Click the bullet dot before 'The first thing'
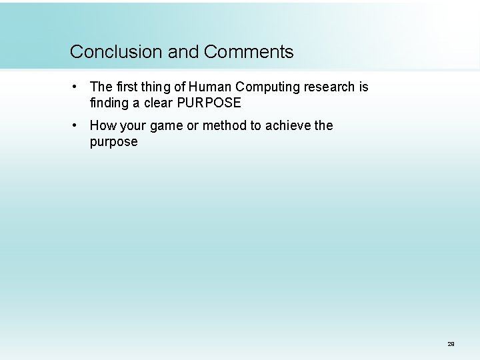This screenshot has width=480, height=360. (x=78, y=87)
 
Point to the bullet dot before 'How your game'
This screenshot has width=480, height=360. (x=78, y=125)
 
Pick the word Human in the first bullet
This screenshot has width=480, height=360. (x=207, y=87)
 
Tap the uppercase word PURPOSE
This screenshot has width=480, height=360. (x=209, y=103)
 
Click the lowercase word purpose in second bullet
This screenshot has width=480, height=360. (x=113, y=142)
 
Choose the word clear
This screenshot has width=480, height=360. (x=157, y=103)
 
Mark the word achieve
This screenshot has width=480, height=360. (x=287, y=126)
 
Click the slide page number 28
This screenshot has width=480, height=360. (x=451, y=344)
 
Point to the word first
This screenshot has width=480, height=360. (x=127, y=87)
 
